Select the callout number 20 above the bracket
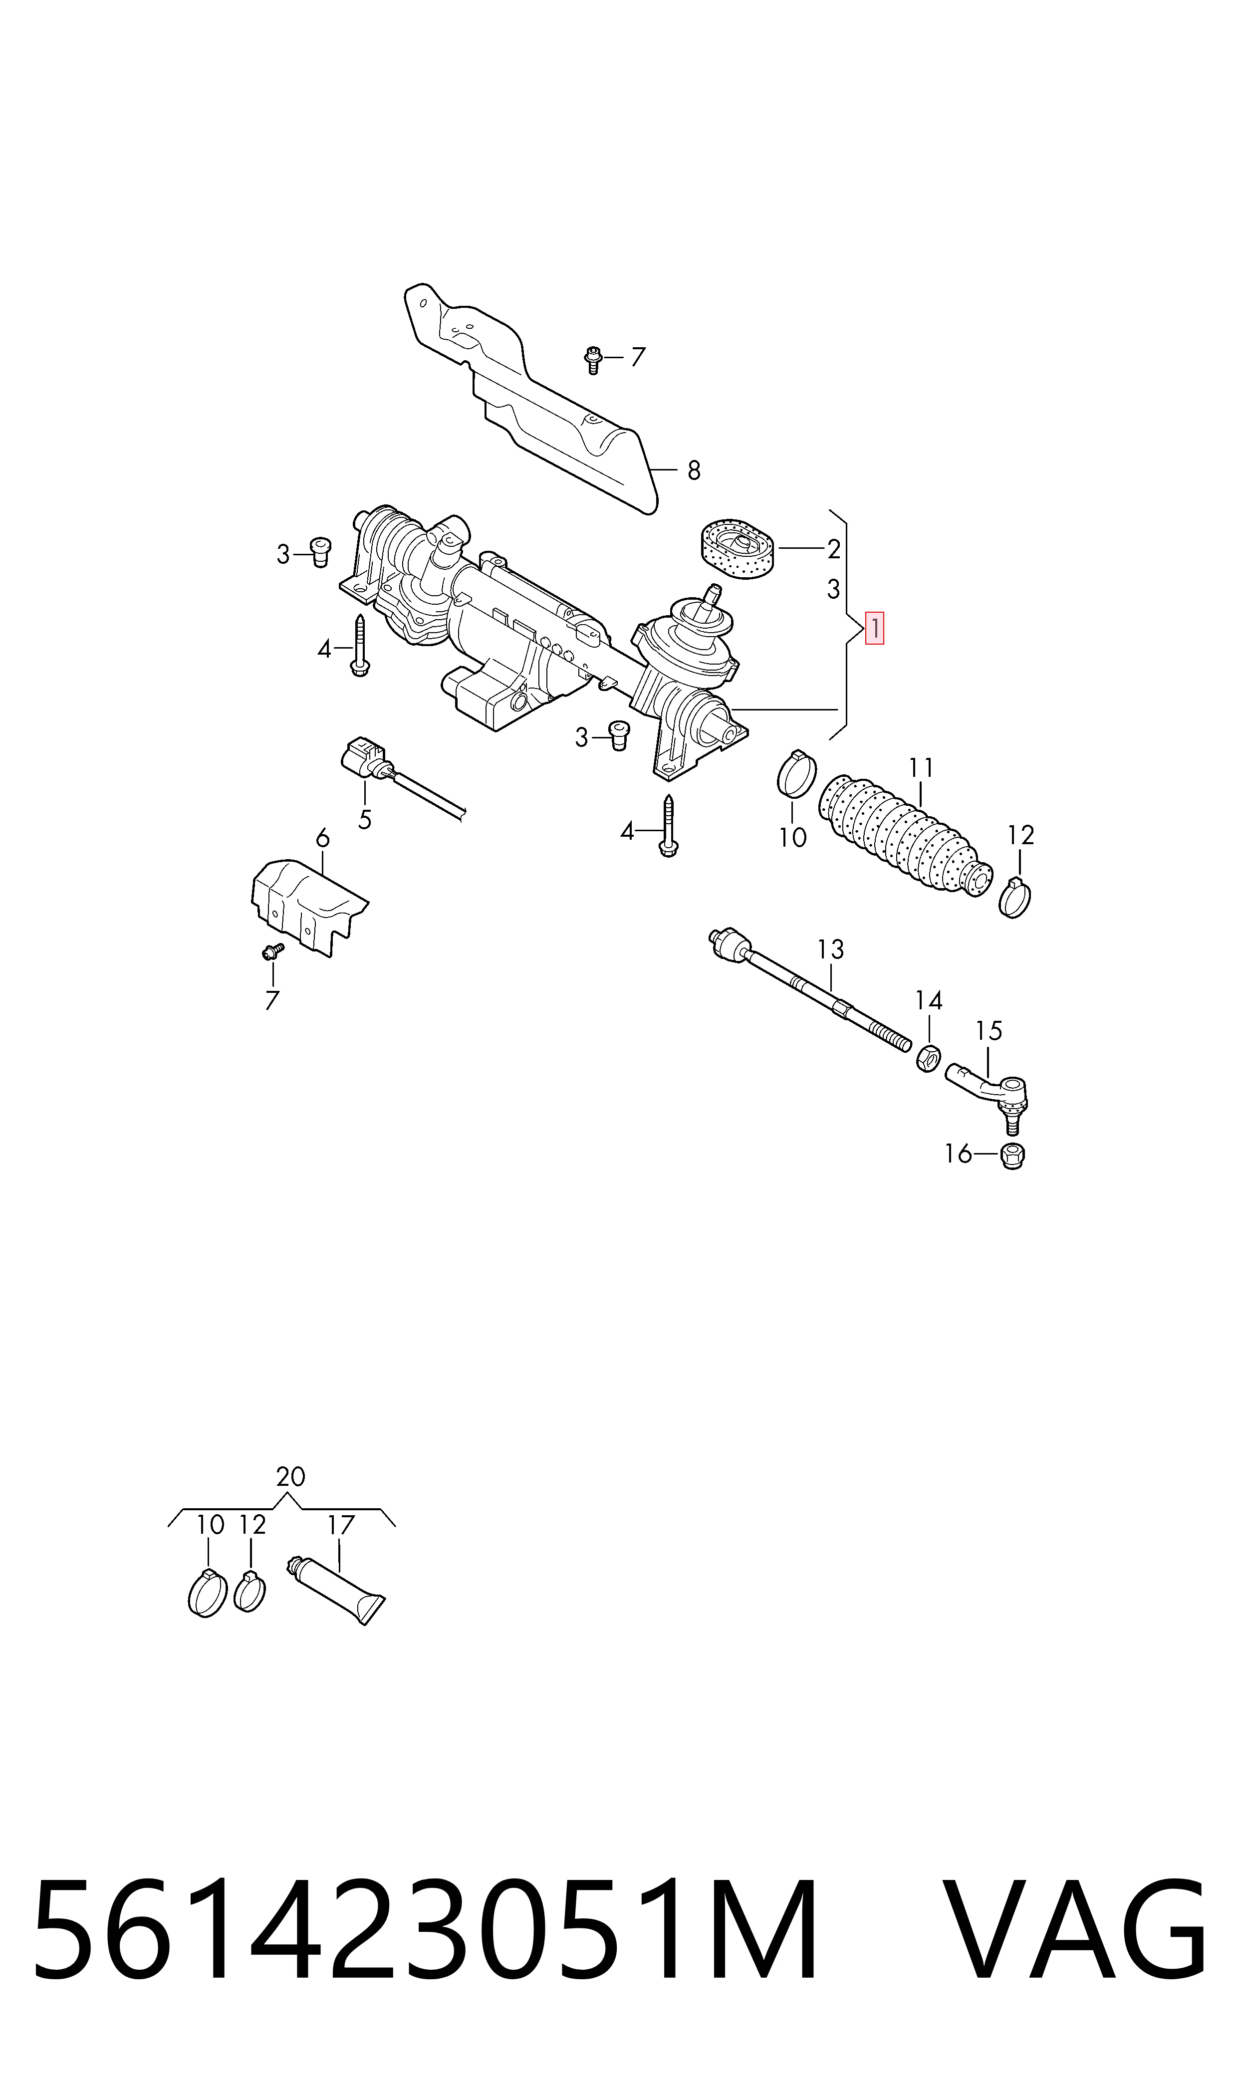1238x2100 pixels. [x=290, y=1477]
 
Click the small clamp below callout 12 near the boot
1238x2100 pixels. [x=1014, y=898]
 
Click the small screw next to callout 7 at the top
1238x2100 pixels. [x=592, y=360]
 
